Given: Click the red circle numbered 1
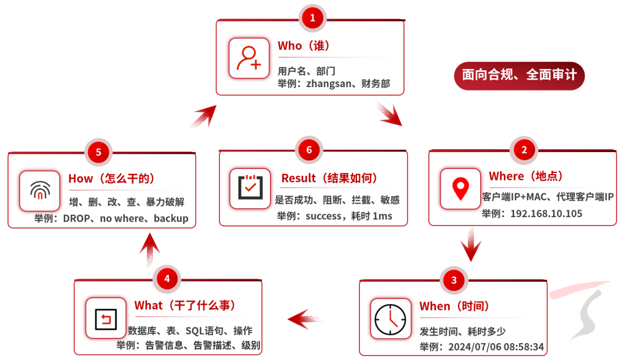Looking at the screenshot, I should pyautogui.click(x=312, y=18).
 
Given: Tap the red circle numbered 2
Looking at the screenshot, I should pyautogui.click(x=524, y=149).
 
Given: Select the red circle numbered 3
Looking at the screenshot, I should pyautogui.click(x=454, y=280).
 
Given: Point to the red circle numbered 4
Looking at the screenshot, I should pyautogui.click(x=167, y=279).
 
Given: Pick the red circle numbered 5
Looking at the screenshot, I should pyautogui.click(x=98, y=152).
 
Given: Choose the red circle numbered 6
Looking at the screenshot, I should pyautogui.click(x=309, y=150).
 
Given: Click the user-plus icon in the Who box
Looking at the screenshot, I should pyautogui.click(x=249, y=58).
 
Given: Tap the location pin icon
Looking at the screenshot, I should pyautogui.click(x=460, y=189).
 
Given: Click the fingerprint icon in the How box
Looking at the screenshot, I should pyautogui.click(x=39, y=190).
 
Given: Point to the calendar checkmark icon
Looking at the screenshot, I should pyautogui.click(x=250, y=188).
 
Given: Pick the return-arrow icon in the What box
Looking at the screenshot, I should pyautogui.click(x=106, y=318).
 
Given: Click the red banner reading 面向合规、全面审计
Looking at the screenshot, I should pyautogui.click(x=519, y=75).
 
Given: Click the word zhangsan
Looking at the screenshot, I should pyautogui.click(x=330, y=84).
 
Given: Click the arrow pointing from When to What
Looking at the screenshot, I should pyautogui.click(x=305, y=318).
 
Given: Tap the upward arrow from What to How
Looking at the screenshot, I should pyautogui.click(x=150, y=249).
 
